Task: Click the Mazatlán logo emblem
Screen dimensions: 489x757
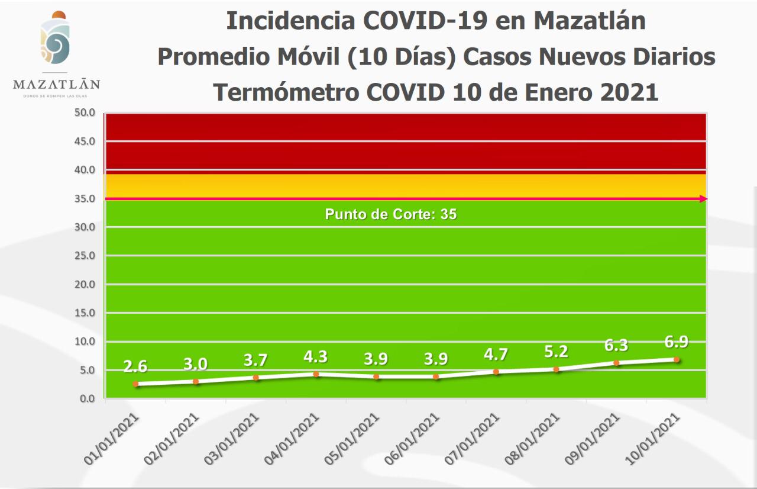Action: [55, 39]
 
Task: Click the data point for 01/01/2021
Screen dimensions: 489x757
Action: [135, 384]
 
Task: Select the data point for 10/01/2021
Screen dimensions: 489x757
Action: [676, 359]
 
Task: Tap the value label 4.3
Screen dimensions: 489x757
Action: [316, 357]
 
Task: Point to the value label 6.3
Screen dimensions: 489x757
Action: [616, 345]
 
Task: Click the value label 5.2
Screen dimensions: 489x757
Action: [556, 352]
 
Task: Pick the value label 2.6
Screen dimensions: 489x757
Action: [135, 366]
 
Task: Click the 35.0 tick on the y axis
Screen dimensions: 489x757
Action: [85, 198]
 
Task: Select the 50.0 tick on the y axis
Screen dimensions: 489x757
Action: [85, 112]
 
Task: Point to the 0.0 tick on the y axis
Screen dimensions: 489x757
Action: [88, 398]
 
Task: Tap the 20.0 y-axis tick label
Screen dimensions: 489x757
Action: [85, 284]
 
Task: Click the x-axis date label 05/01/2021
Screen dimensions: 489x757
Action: [354, 438]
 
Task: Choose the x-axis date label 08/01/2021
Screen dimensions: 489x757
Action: [534, 438]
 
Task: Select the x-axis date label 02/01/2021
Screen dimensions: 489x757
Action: [173, 438]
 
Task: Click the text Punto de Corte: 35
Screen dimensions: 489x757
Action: [391, 214]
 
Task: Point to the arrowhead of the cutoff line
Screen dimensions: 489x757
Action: [703, 199]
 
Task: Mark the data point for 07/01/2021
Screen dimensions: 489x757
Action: [496, 372]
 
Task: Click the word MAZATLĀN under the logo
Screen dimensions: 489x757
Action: [56, 85]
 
